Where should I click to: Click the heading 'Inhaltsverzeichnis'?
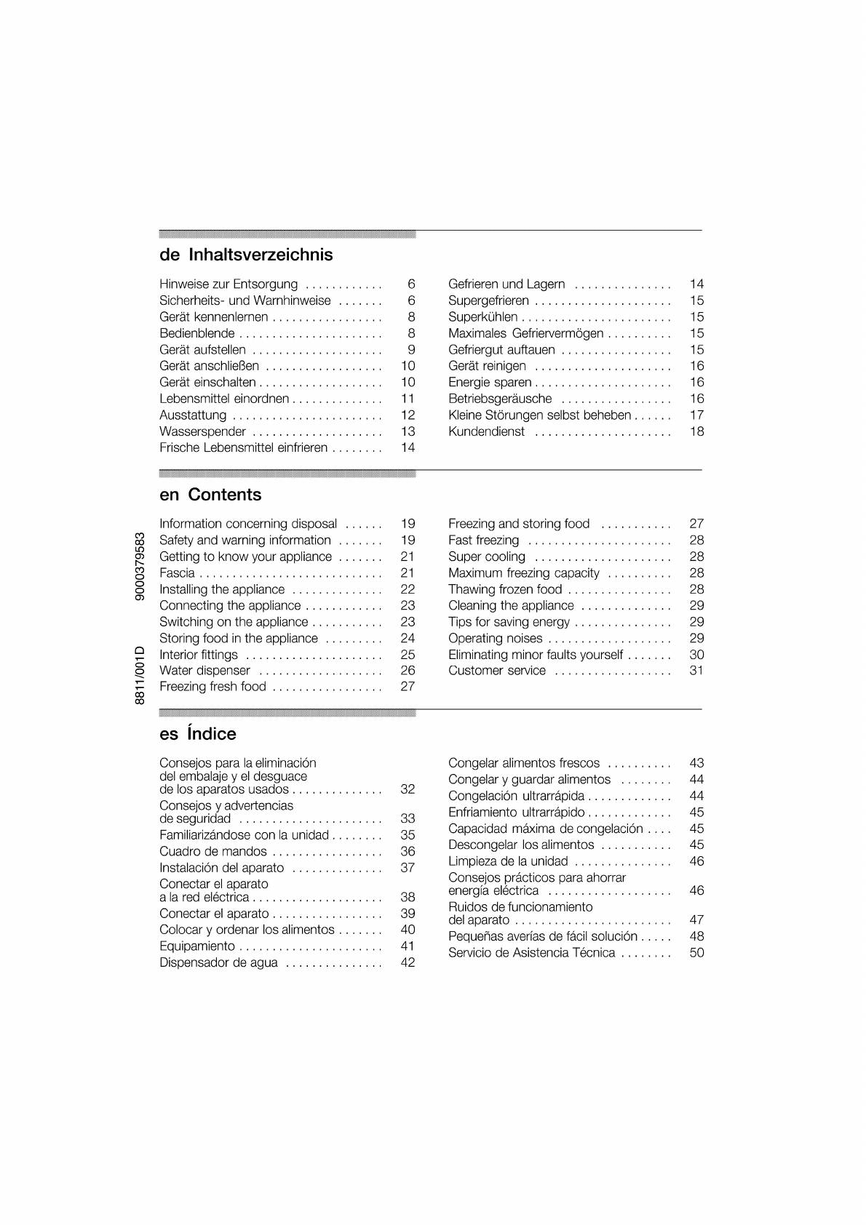pyautogui.click(x=260, y=255)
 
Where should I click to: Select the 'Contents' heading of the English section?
pyautogui.click(x=224, y=495)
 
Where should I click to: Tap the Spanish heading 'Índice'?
pyautogui.click(x=211, y=734)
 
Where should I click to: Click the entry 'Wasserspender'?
pyautogui.click(x=202, y=431)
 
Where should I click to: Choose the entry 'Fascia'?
pyautogui.click(x=177, y=573)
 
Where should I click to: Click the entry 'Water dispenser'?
pyautogui.click(x=204, y=671)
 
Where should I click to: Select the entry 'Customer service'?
pyautogui.click(x=496, y=671)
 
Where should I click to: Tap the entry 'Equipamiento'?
pyautogui.click(x=197, y=946)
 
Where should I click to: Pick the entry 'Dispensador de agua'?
pyautogui.click(x=218, y=963)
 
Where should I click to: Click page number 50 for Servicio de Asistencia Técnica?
pyautogui.click(x=696, y=953)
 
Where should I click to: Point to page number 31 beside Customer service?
pyautogui.click(x=696, y=671)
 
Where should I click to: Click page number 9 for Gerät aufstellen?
pyautogui.click(x=411, y=350)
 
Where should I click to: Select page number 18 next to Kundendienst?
pyautogui.click(x=696, y=431)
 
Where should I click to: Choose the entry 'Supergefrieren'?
pyautogui.click(x=488, y=300)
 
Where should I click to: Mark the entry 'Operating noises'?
pyautogui.click(x=495, y=639)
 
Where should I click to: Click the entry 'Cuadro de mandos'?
pyautogui.click(x=213, y=852)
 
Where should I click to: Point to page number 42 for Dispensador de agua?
pyautogui.click(x=408, y=963)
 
